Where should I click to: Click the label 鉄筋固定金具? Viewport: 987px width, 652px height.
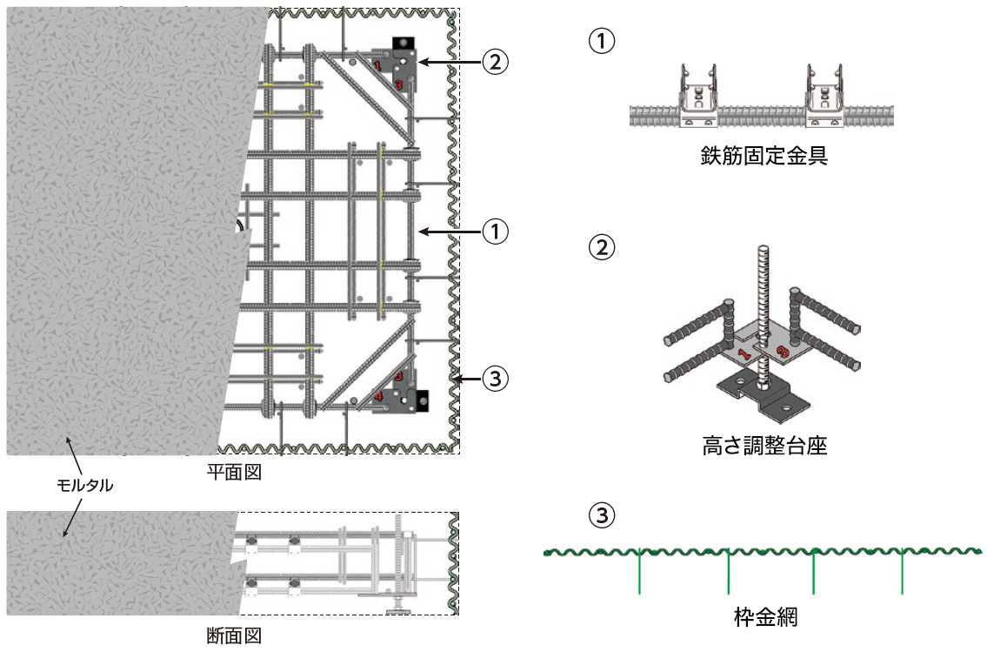(x=764, y=156)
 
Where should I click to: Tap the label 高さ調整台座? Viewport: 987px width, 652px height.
(x=764, y=447)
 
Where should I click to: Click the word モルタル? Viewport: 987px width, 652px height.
(x=80, y=486)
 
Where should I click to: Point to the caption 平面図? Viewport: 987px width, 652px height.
(x=233, y=472)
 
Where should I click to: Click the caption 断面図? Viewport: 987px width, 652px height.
(x=233, y=635)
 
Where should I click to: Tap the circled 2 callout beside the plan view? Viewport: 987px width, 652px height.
(x=494, y=62)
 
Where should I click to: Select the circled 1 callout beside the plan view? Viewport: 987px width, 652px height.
(x=494, y=231)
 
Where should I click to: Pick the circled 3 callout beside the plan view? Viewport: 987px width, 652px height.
(x=494, y=379)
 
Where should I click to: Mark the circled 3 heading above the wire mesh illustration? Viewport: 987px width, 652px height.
(x=602, y=516)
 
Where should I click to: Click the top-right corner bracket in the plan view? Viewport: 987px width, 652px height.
(x=400, y=65)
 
